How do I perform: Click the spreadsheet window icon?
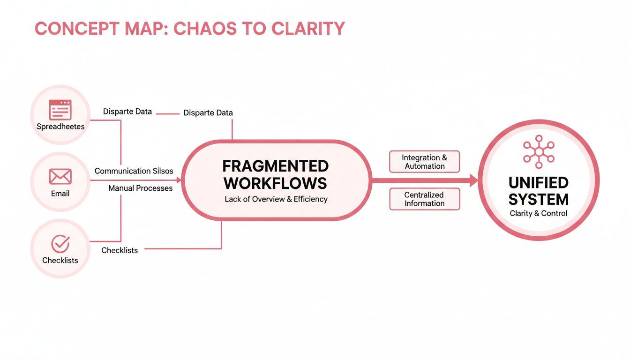60,110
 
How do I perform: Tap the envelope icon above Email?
60,177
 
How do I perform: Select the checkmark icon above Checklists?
60,244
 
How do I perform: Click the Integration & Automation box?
425,162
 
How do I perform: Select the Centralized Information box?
425,199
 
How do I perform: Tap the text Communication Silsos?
134,171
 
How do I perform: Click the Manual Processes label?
140,188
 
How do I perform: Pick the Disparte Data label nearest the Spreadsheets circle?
127,112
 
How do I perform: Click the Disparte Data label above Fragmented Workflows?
208,113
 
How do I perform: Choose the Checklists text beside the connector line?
120,250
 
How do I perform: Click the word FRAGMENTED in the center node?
275,166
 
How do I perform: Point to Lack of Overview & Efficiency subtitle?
276,199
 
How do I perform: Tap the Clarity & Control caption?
538,213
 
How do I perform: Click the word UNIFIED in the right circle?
538,182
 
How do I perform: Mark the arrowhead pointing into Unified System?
473,180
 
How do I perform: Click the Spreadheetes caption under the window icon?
60,127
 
